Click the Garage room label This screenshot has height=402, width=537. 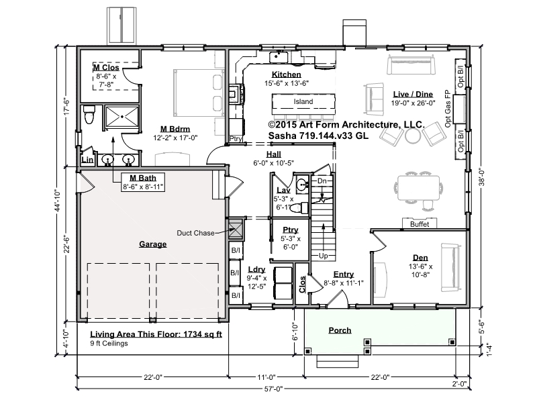click(153, 244)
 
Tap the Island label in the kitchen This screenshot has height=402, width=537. click(303, 102)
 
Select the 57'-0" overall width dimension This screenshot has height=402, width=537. click(274, 389)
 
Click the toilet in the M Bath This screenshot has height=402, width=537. click(89, 114)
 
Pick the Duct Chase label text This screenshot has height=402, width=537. click(195, 233)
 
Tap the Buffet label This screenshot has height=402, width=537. click(420, 224)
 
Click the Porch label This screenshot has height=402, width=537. click(340, 330)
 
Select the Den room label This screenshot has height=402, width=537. click(420, 258)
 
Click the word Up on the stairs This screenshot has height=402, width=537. click(324, 256)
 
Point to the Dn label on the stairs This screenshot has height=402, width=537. click(322, 181)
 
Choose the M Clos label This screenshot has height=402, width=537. click(106, 68)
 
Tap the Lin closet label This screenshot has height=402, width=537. click(87, 160)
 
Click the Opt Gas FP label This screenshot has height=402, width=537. click(448, 109)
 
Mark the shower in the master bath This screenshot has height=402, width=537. click(121, 117)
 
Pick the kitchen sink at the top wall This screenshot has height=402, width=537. click(278, 57)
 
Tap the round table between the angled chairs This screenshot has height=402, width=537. click(413, 136)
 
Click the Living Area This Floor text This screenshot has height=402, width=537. click(156, 334)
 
